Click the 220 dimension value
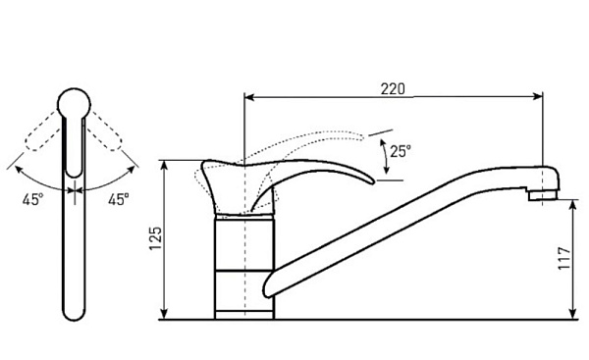pos(393,89)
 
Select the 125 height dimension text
pos(156,238)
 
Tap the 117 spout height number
pos(564,258)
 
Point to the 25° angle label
pos(401,151)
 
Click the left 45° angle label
pos(32,199)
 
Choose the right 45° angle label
pos(119,199)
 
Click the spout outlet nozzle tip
pos(543,195)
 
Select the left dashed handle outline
pos(42,131)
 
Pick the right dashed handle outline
pos(105,131)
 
